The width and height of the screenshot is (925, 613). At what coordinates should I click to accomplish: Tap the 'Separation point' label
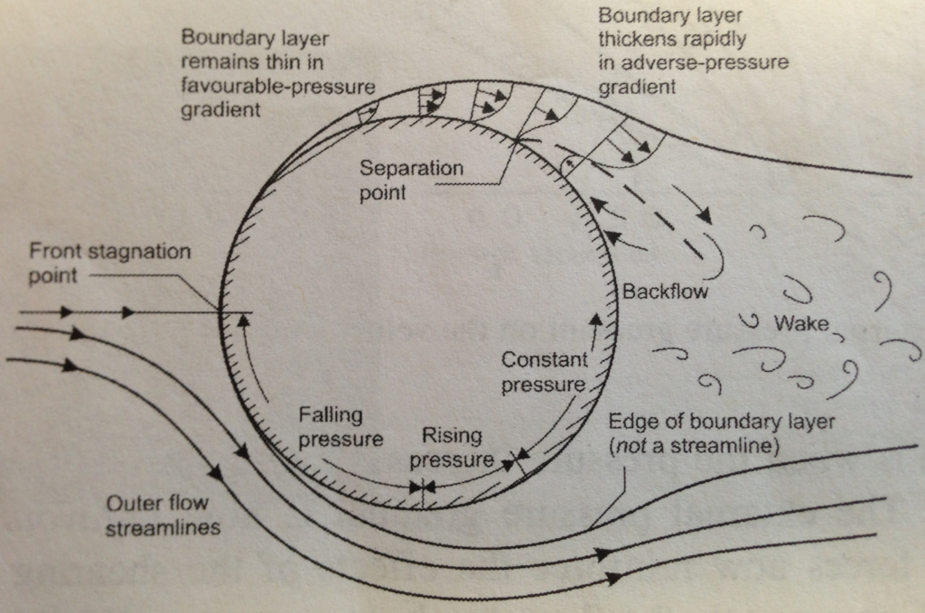tap(411, 180)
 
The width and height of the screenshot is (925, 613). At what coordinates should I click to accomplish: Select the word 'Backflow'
tap(665, 292)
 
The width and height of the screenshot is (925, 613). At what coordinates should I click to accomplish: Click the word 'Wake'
tap(800, 322)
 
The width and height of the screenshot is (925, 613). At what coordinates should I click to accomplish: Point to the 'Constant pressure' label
tap(544, 372)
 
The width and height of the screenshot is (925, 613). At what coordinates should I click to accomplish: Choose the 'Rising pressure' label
tap(452, 448)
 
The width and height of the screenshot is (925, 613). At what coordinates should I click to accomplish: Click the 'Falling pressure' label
tap(341, 427)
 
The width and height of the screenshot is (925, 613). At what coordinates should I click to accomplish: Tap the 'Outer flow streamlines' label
tap(163, 515)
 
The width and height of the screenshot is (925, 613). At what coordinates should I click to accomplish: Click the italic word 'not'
tap(631, 445)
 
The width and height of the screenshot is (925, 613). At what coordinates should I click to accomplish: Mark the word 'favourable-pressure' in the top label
tap(278, 86)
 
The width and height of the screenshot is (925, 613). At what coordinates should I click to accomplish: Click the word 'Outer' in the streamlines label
tap(133, 503)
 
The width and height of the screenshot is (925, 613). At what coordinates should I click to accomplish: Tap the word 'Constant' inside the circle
tap(544, 360)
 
